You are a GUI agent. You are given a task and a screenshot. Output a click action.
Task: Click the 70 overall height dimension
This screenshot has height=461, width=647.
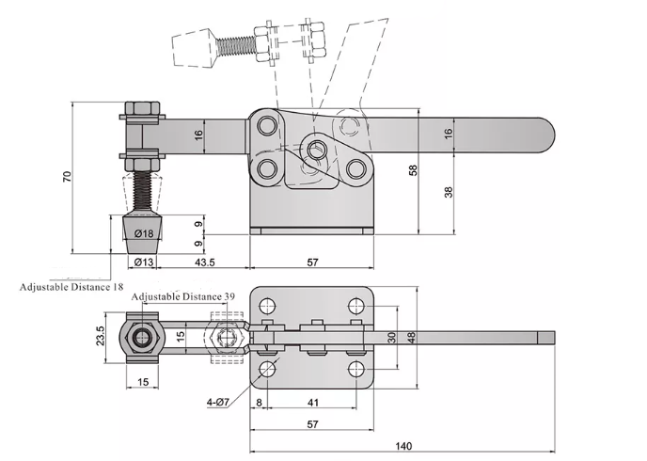(68, 177)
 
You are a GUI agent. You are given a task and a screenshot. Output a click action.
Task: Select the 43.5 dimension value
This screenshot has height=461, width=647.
(205, 262)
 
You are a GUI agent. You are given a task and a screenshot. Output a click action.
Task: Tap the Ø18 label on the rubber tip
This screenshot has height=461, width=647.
(144, 233)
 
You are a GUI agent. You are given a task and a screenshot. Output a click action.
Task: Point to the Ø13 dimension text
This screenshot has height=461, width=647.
(144, 262)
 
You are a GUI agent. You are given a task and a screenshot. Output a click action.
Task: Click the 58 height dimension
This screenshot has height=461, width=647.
(413, 170)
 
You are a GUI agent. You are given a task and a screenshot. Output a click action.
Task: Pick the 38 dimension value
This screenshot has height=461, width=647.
(449, 192)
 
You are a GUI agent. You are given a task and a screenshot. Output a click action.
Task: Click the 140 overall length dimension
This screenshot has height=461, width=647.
(403, 446)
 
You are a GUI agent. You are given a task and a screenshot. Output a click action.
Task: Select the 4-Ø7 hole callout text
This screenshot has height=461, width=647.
(217, 401)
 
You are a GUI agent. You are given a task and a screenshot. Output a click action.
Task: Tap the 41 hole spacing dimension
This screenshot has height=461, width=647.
(313, 403)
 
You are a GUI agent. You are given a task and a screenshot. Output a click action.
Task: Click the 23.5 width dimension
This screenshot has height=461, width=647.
(100, 336)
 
